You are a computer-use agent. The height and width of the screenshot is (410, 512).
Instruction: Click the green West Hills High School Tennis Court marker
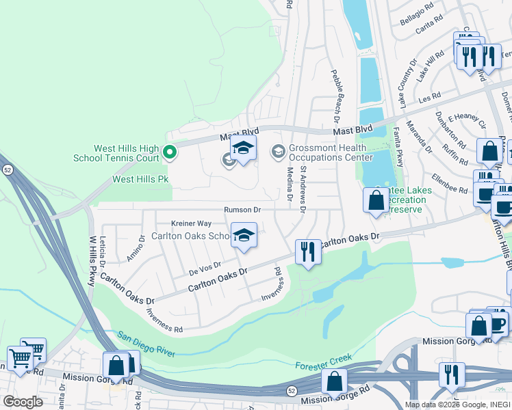170,152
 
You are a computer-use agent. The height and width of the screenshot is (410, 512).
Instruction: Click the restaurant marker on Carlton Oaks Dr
308,252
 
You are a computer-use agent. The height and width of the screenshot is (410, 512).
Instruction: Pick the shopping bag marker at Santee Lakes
375,200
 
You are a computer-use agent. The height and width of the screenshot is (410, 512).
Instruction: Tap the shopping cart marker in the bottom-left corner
20,358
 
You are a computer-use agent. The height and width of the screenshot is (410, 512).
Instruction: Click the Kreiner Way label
191,223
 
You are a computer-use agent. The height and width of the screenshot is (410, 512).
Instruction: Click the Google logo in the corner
23,402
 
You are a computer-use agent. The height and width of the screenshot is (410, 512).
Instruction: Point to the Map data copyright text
457,405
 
